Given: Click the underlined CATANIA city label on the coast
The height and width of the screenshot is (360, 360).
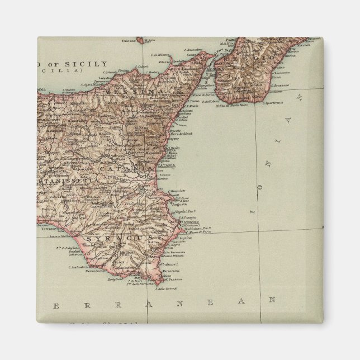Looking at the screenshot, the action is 166,165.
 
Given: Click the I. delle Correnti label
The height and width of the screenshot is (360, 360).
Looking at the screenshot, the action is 165,288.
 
